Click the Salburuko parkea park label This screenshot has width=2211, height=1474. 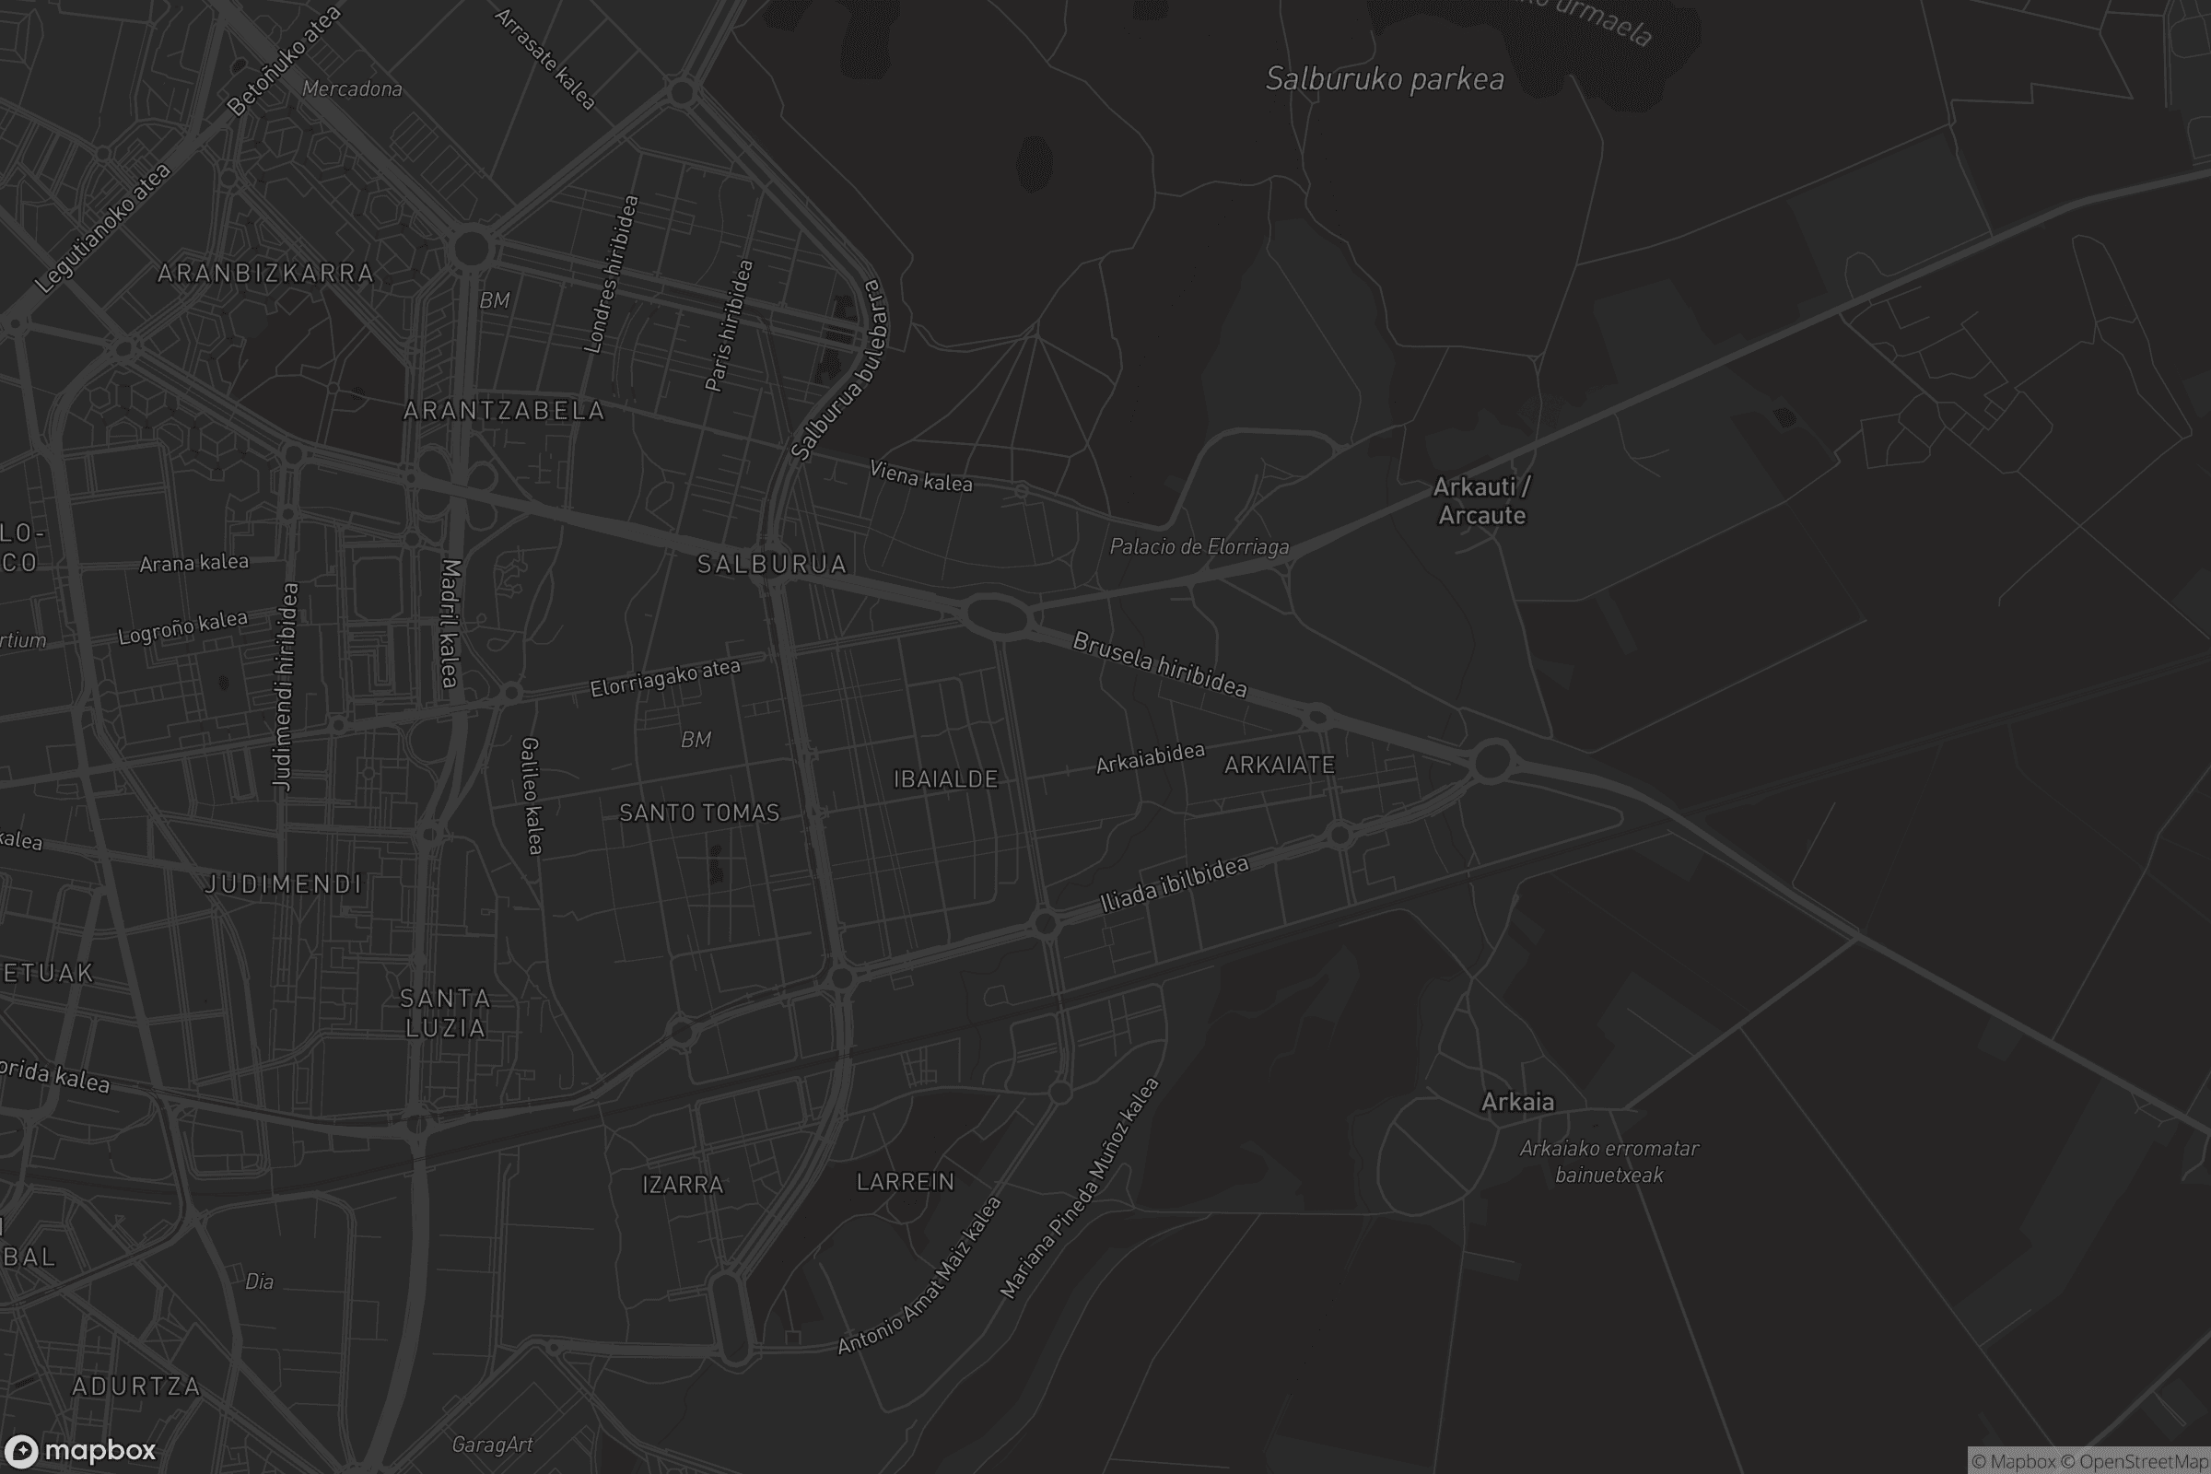[x=1384, y=80]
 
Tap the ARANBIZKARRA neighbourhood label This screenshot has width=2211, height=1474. [x=265, y=274]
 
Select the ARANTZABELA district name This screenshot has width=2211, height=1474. [x=504, y=411]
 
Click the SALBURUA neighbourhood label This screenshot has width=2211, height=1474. [x=772, y=564]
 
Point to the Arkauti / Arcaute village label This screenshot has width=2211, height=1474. [x=1481, y=501]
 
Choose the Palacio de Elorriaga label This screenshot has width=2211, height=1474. [x=1199, y=547]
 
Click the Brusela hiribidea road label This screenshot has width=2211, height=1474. [x=1160, y=665]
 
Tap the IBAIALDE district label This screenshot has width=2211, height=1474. [x=945, y=779]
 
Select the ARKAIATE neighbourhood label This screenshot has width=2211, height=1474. [x=1280, y=766]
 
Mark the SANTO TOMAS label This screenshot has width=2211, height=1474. [x=699, y=813]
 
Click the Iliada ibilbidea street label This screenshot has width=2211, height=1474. [x=1174, y=884]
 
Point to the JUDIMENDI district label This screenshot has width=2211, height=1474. [x=283, y=884]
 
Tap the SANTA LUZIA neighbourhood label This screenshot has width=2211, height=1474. [x=446, y=1013]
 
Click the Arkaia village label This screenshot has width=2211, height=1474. [x=1517, y=1103]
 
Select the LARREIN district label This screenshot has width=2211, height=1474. [x=906, y=1183]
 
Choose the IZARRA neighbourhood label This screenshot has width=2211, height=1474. [x=683, y=1186]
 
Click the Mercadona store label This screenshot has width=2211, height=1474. [x=352, y=89]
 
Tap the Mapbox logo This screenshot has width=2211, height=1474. [x=79, y=1450]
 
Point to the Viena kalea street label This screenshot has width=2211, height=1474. [x=920, y=476]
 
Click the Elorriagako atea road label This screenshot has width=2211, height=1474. [x=664, y=678]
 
